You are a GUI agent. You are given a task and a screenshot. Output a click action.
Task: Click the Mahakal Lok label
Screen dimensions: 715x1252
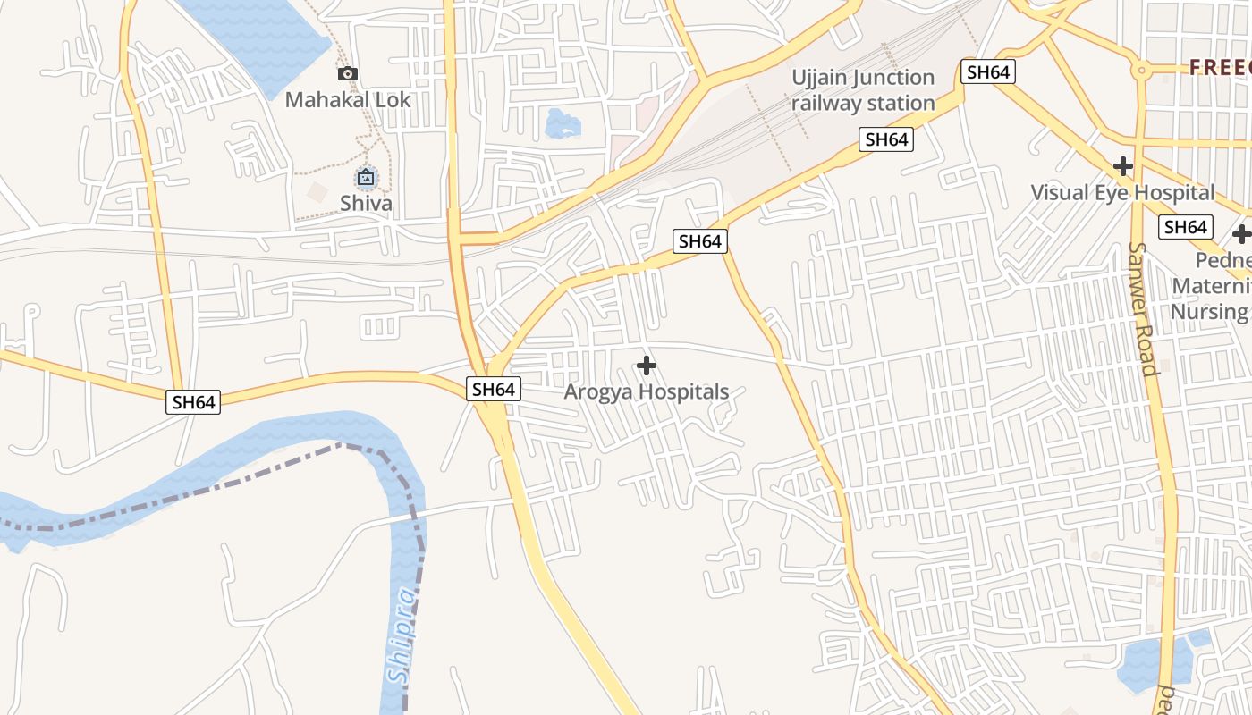(348, 99)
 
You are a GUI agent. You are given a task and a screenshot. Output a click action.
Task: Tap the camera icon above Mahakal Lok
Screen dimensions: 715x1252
(348, 74)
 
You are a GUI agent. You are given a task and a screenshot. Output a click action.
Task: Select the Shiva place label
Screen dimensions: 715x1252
(366, 203)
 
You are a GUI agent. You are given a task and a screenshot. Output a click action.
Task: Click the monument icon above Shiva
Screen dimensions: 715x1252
(365, 178)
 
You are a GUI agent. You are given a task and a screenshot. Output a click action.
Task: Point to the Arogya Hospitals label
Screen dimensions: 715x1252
(647, 391)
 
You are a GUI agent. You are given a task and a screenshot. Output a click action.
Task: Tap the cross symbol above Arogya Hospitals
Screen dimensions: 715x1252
(647, 366)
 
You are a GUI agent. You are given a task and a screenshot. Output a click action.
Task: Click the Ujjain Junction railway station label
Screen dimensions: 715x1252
(863, 90)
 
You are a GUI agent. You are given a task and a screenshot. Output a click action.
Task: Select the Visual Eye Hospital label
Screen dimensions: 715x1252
(1122, 192)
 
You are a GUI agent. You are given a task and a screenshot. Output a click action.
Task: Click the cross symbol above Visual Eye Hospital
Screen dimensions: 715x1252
(1122, 166)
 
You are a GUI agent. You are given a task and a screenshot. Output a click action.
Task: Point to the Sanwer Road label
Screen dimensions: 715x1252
(1144, 308)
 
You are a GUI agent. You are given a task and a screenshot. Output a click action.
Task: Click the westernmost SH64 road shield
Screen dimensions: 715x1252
(193, 402)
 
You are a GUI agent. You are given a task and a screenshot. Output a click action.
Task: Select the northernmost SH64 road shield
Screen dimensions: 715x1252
(988, 72)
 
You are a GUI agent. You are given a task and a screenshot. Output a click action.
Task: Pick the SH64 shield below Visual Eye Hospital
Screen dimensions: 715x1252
(1186, 227)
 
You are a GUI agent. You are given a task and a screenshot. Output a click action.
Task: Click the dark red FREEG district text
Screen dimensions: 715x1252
(1220, 67)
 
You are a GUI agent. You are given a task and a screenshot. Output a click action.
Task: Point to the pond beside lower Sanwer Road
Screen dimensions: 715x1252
(1154, 661)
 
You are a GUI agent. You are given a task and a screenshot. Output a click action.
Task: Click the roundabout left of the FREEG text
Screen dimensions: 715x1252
(1140, 69)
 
